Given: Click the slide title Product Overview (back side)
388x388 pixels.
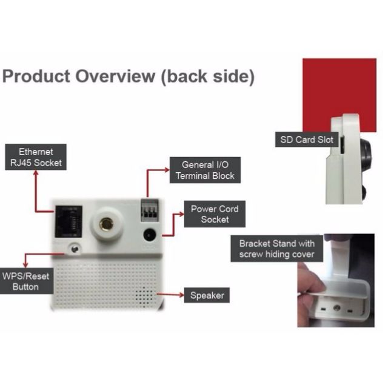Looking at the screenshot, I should click(x=128, y=77).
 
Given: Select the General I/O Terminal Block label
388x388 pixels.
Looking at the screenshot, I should click(x=202, y=170).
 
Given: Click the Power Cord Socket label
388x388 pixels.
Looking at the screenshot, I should click(x=215, y=213).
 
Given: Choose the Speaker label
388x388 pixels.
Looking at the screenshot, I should click(x=207, y=296).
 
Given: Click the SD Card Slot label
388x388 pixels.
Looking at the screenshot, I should click(x=306, y=140).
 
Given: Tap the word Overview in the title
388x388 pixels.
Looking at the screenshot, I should click(x=115, y=77).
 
